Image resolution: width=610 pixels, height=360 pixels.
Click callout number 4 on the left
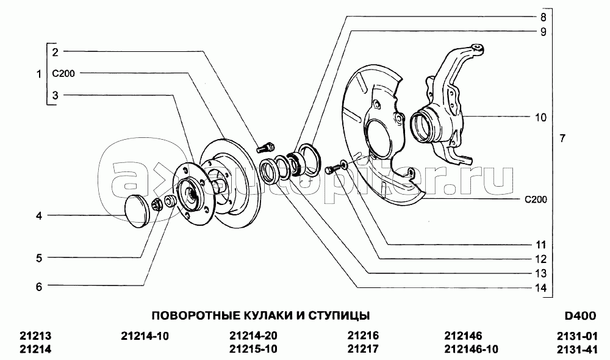(38, 216)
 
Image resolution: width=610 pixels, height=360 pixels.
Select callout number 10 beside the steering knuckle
(540, 117)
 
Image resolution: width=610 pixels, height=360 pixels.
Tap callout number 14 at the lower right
(540, 288)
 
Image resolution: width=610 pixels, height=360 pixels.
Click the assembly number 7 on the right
(562, 139)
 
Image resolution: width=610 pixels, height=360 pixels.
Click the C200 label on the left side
(63, 73)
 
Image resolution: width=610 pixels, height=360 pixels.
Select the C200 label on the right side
(535, 200)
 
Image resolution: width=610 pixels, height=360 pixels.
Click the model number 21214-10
(145, 336)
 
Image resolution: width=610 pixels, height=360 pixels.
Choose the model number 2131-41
(576, 350)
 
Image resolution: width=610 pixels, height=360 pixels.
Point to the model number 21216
(363, 336)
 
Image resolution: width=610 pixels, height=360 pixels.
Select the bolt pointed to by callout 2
(264, 147)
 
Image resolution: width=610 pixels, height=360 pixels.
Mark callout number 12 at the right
(540, 259)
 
